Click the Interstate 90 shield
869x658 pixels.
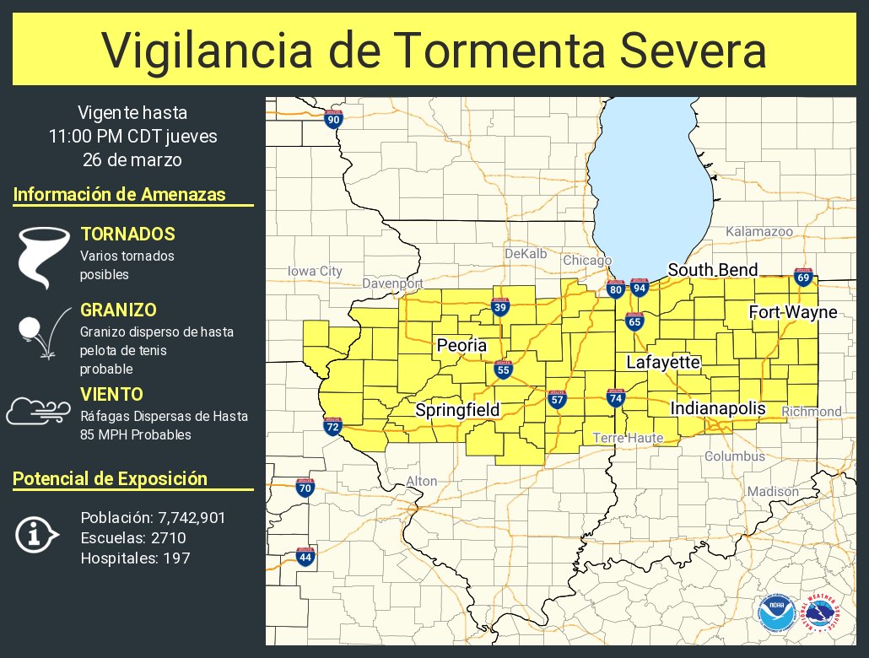pyautogui.click(x=333, y=119)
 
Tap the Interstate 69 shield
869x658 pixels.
pyautogui.click(x=803, y=278)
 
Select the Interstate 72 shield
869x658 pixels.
pyautogui.click(x=332, y=427)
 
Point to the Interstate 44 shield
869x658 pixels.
pyautogui.click(x=305, y=557)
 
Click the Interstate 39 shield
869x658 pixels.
pyautogui.click(x=500, y=307)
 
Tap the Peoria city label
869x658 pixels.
pyautogui.click(x=461, y=345)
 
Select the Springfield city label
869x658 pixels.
pyautogui.click(x=457, y=410)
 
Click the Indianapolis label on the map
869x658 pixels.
pyautogui.click(x=718, y=408)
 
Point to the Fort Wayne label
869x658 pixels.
pyautogui.click(x=793, y=313)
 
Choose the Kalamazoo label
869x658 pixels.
pyautogui.click(x=759, y=231)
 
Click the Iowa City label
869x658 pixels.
pyautogui.click(x=315, y=271)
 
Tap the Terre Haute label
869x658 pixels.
pyautogui.click(x=628, y=438)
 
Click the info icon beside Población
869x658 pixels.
pyautogui.click(x=36, y=535)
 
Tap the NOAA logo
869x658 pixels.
pyautogui.click(x=775, y=614)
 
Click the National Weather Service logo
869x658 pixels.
pyautogui.click(x=821, y=614)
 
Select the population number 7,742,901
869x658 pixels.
pyautogui.click(x=192, y=518)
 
